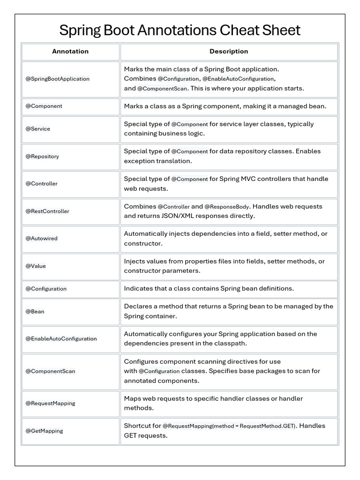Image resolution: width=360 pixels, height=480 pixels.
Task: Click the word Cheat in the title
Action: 241,30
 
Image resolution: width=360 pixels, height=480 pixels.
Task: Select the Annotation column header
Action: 70,52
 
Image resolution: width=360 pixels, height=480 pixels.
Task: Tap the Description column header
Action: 229,52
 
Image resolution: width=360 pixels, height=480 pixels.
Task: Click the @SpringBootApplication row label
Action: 58,79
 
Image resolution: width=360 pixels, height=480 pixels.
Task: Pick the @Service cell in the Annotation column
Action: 38,129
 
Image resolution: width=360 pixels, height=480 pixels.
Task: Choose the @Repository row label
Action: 42,157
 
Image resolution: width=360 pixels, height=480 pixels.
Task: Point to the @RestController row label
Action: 47,211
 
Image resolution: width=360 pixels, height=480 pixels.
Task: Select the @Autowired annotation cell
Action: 42,239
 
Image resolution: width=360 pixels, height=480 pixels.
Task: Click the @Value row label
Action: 36,266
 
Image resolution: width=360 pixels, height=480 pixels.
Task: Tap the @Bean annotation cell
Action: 35,312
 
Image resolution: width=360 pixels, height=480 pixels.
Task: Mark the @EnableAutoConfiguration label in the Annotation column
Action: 61,339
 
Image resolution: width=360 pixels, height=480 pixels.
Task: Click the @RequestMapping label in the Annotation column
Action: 50,404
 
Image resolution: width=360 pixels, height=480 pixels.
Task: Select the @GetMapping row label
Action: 44,431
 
